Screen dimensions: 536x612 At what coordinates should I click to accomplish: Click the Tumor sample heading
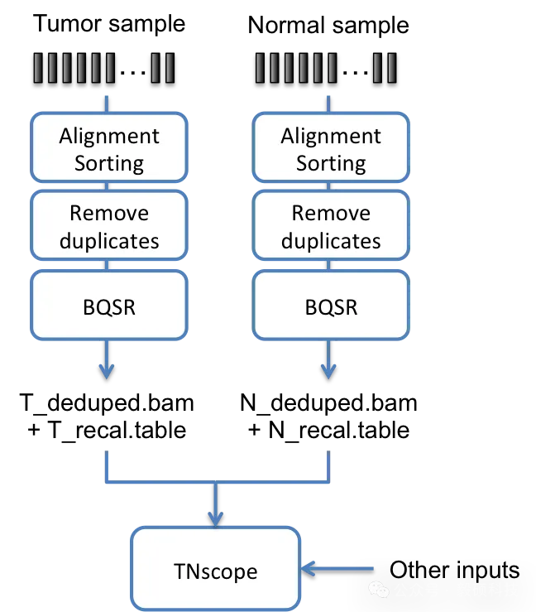pos(109,23)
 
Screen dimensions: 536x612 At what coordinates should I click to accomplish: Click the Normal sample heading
pos(328,26)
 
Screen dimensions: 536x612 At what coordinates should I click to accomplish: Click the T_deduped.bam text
pos(107,402)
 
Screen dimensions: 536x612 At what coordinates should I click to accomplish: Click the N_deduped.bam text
pos(328,402)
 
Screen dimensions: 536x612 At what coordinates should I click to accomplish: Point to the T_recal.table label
pos(117,430)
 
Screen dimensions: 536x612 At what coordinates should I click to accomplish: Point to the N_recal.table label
pos(339,430)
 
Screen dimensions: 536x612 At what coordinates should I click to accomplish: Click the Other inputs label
pos(455,571)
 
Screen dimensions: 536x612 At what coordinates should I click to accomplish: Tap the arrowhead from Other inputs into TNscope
pos(308,569)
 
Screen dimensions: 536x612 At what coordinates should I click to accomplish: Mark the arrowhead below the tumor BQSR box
pos(107,371)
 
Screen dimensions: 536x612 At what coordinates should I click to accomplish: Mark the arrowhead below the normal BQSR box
pos(328,371)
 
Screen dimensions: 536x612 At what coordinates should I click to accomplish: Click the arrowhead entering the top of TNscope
pos(216,519)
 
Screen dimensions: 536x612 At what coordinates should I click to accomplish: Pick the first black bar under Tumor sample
pos(38,68)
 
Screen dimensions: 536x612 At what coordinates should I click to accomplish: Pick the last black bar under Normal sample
pos(392,68)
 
